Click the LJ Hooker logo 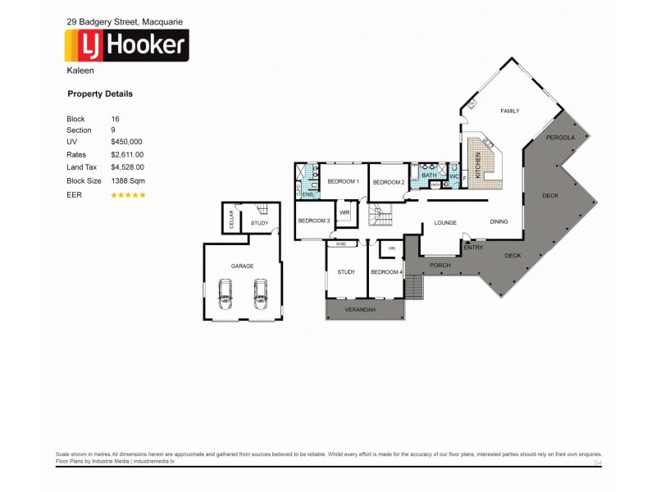point(127,46)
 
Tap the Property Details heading point(99,94)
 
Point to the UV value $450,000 point(126,142)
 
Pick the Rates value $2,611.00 point(127,154)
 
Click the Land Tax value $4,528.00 point(127,167)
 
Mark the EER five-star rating point(128,195)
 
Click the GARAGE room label point(242,266)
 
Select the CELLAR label point(231,219)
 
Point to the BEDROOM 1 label point(344,181)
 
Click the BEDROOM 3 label point(313,221)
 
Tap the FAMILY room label point(510,112)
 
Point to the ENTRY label point(473,247)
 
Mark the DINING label point(499,221)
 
